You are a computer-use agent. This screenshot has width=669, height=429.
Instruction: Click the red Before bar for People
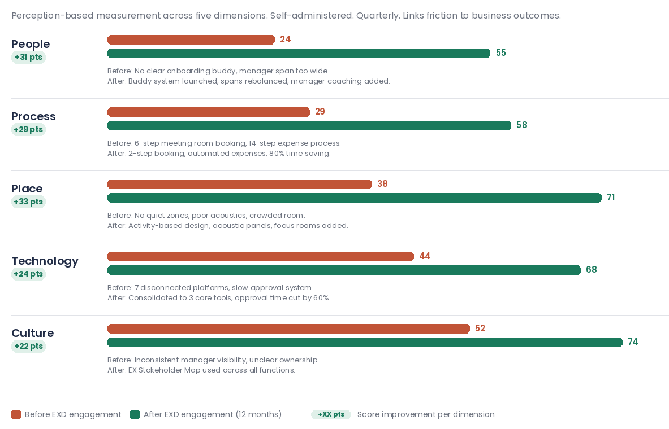point(191,40)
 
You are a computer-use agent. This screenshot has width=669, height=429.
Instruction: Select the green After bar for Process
point(309,125)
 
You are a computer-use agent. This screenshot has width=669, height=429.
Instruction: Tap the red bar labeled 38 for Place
point(240,184)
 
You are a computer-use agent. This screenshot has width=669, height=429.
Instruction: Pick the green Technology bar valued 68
point(344,270)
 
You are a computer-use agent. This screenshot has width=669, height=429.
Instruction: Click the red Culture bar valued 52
point(288,329)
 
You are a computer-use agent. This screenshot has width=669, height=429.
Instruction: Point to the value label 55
point(501,53)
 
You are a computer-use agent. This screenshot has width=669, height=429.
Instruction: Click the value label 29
point(320,112)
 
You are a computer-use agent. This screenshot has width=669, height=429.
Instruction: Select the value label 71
point(611,197)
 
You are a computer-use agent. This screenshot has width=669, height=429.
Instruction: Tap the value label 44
point(425,256)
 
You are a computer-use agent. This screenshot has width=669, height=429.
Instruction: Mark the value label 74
point(633,342)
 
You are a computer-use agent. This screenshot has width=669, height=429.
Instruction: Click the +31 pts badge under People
point(29,57)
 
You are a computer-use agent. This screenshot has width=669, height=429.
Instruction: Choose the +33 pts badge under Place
point(29,202)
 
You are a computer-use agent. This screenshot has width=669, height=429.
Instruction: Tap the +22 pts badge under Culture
point(29,346)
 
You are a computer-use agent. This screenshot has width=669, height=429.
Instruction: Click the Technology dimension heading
point(45,261)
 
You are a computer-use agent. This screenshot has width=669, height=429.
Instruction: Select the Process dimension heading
point(33,116)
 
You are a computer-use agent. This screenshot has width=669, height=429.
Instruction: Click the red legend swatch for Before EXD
point(16,414)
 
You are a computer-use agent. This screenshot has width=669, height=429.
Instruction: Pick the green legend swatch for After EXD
point(135,414)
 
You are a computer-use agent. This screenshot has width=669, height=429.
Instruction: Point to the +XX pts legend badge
point(331,414)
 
